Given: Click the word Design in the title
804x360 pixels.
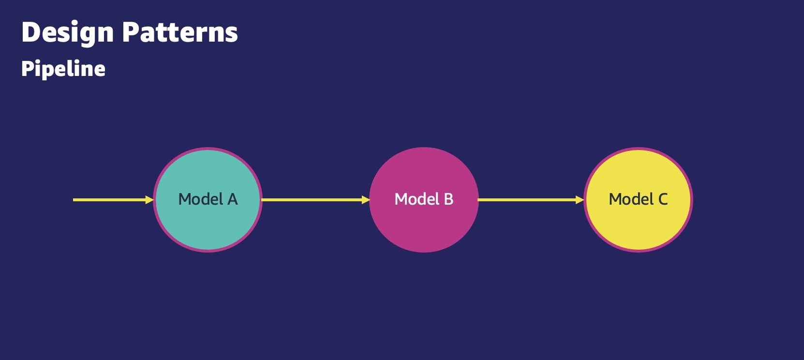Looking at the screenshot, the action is click(67, 33).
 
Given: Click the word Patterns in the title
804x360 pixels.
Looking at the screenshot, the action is click(180, 32).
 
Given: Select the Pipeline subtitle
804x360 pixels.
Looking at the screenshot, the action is click(63, 69).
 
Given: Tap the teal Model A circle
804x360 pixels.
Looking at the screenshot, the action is click(208, 199).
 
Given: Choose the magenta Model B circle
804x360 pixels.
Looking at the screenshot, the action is click(424, 199).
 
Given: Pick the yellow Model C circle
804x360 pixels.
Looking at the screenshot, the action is click(639, 199).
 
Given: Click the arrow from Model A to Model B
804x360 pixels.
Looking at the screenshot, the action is click(316, 200).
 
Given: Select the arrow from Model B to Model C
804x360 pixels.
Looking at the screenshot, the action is click(531, 200).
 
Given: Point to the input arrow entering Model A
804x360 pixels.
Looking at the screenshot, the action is click(113, 200).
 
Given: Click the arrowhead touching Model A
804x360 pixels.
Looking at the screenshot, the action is click(149, 200).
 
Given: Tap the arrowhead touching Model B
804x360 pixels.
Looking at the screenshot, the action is click(366, 200).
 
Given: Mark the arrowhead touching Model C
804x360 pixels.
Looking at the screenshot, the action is click(580, 200).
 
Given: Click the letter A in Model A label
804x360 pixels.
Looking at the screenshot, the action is click(233, 199).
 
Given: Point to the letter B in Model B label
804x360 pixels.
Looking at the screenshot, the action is click(448, 199).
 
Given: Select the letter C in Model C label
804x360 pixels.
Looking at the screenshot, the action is click(663, 199).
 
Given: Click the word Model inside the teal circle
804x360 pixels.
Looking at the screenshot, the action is click(201, 199).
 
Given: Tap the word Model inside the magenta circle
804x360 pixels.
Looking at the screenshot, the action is click(417, 199).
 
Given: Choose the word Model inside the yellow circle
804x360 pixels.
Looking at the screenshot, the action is click(631, 199).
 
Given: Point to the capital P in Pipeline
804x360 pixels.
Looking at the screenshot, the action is click(28, 68).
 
